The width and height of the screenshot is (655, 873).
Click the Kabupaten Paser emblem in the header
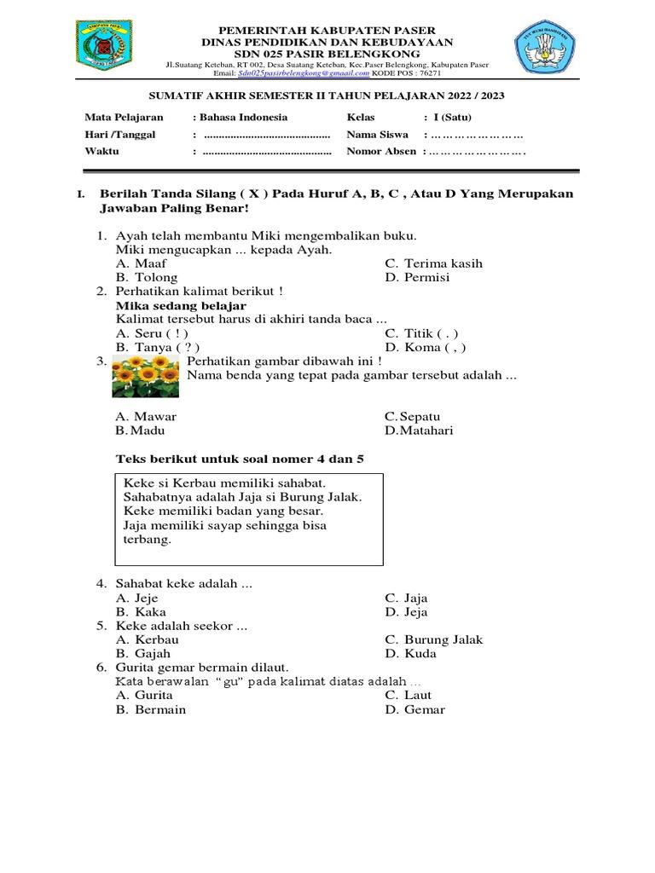(101, 47)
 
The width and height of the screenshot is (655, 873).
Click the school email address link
(289, 75)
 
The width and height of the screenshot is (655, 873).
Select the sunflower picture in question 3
(145, 378)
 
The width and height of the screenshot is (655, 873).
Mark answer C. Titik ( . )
(422, 333)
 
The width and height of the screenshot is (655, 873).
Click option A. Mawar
(146, 417)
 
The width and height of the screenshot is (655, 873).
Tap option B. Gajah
(145, 654)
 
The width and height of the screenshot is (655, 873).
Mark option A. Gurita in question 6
(144, 696)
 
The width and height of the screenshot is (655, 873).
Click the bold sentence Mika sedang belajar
(181, 305)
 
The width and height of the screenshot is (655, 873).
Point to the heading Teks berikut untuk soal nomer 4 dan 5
(240, 460)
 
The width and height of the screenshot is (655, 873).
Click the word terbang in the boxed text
(148, 540)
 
